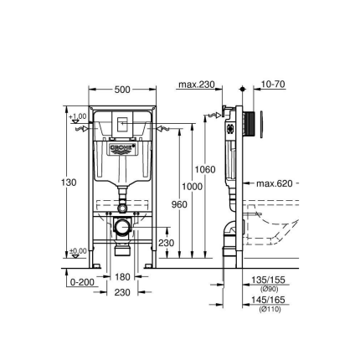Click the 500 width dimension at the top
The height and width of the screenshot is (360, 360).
(122, 89)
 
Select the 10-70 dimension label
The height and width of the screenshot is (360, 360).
(273, 85)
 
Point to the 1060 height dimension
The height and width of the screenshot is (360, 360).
(204, 169)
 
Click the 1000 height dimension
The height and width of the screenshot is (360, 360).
(192, 186)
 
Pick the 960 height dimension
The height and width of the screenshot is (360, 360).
(179, 203)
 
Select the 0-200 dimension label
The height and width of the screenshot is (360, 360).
(82, 282)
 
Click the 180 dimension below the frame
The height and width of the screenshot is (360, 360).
(122, 275)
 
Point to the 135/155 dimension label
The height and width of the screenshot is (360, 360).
(268, 281)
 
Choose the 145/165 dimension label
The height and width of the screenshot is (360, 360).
(268, 299)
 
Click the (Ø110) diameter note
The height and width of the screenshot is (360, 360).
(269, 306)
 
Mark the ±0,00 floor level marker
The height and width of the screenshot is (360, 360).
(77, 250)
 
